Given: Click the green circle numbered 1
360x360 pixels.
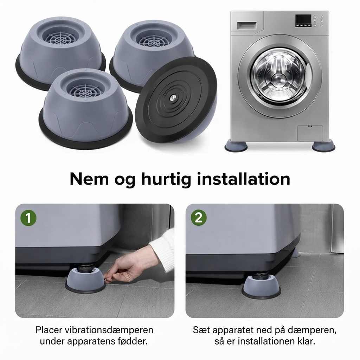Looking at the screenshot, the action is pos(28,218).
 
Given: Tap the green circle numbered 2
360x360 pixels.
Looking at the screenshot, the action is pos(199,217).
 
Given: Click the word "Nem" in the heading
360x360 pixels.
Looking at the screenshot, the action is pos(89,179).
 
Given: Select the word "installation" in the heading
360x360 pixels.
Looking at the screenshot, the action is pos(244,179).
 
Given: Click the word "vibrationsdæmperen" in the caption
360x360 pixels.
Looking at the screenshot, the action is pos(109,330).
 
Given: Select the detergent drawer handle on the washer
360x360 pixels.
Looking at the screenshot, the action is pos(246,25).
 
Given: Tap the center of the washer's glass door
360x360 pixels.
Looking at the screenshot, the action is pos(280,76).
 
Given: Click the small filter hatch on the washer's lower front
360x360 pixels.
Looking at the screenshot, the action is pos(310,133).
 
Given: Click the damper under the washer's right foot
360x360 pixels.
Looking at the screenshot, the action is pos(323,146).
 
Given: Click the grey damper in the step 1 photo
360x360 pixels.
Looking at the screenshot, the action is pos(85,281).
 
